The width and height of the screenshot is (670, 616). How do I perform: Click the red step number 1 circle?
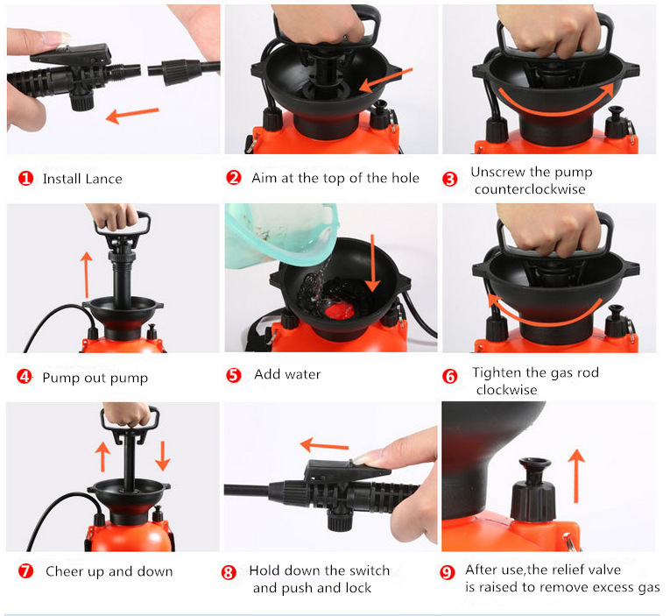coord(25,178)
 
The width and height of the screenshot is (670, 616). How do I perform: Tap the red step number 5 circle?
coord(233,375)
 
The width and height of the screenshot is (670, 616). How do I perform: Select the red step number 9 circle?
coord(448,571)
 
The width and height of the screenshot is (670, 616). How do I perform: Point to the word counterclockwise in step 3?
coord(530,189)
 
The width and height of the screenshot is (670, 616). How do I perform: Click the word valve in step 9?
coord(603,570)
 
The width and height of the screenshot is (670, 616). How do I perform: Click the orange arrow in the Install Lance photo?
coord(132,115)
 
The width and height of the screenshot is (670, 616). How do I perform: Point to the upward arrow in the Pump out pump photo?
coord(87,274)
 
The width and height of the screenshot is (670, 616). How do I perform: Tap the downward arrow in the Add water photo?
coord(372,263)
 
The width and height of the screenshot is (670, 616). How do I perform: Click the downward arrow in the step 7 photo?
coord(162,456)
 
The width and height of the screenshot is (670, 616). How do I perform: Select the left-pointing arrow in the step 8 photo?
coord(324,445)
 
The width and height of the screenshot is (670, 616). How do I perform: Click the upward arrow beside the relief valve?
coord(576,476)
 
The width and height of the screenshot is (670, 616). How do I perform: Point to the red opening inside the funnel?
coord(340,311)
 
